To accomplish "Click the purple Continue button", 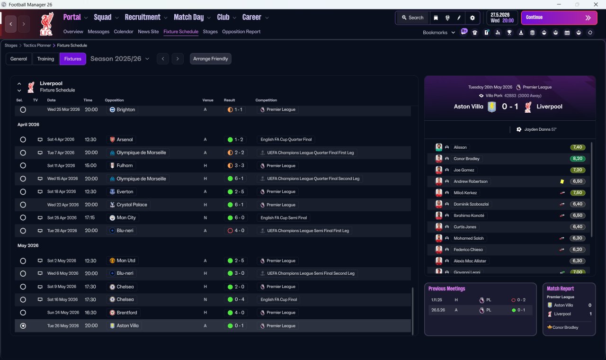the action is pos(559,18).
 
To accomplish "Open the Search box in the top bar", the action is pos(412,18).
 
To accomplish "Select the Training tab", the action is pos(45,59).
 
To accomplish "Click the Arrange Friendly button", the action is pos(211,59).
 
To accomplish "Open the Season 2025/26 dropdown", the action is pos(120,59).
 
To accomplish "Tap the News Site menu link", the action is pos(148,32).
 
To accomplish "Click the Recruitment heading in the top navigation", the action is pos(143,18).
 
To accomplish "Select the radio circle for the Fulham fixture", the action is pos(23,165).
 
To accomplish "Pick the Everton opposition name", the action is pos(125,192).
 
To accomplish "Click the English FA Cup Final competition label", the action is pos(279,299).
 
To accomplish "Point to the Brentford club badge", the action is pos(112,313).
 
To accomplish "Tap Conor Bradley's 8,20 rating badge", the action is pos(577,159).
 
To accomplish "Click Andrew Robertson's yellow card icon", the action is pos(562,181).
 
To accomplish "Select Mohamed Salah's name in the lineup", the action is pos(469,238).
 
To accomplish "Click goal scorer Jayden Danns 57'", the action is pos(540,129).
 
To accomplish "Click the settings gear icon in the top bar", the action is pos(472,18).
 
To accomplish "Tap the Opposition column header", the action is pos(114,100).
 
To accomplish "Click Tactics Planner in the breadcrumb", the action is pos(37,45).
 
